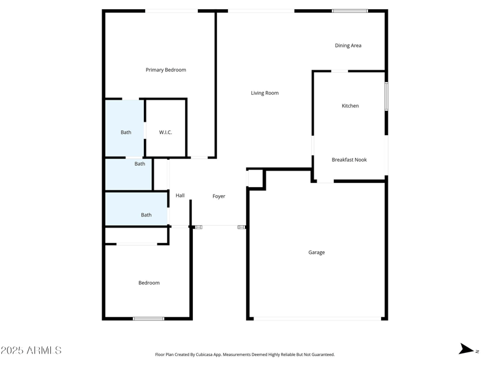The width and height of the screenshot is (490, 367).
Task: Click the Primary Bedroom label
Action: [165, 70]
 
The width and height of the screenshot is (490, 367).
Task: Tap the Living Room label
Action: [265, 93]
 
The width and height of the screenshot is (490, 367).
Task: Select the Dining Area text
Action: [348, 45]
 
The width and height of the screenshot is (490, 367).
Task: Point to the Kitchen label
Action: [350, 106]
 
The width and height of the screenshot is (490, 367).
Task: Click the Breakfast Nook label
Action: [349, 160]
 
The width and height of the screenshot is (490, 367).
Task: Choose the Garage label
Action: [317, 252]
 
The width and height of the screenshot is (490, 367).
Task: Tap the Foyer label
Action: [219, 196]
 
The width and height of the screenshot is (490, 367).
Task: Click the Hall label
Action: [180, 196]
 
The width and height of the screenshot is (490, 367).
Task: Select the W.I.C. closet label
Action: [165, 132]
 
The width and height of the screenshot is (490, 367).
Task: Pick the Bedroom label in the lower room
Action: [149, 283]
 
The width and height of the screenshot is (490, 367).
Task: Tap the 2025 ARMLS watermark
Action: [31, 350]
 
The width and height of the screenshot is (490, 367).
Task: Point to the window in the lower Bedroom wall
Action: [149, 318]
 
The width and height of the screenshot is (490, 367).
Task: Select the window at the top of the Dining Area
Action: [350, 10]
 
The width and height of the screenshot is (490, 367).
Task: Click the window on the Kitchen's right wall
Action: [386, 96]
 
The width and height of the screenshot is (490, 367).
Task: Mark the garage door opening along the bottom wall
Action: [317, 318]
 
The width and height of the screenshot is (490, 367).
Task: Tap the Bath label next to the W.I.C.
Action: [126, 132]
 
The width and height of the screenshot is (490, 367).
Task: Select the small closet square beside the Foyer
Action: [255, 178]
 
